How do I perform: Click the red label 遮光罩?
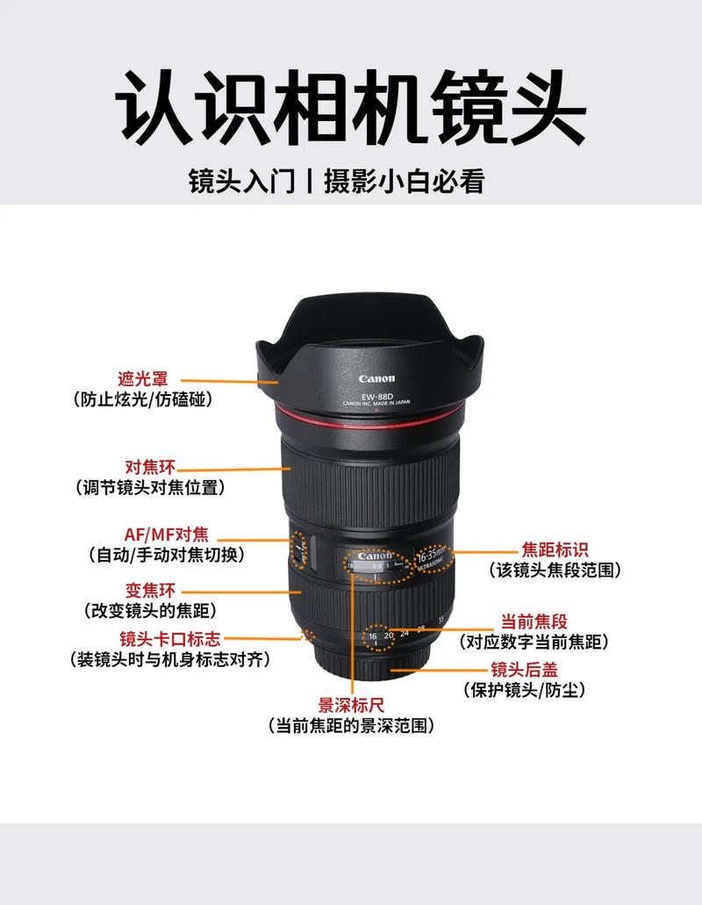(143, 379)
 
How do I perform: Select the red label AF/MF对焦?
(166, 535)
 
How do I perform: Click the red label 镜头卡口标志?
(170, 638)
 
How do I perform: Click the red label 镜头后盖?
(525, 670)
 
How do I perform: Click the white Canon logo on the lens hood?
(376, 379)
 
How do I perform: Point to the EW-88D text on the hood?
(376, 397)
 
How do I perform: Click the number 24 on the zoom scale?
(404, 632)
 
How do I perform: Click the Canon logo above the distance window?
(375, 556)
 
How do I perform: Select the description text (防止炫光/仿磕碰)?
(142, 399)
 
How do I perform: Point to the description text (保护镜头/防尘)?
(524, 690)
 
